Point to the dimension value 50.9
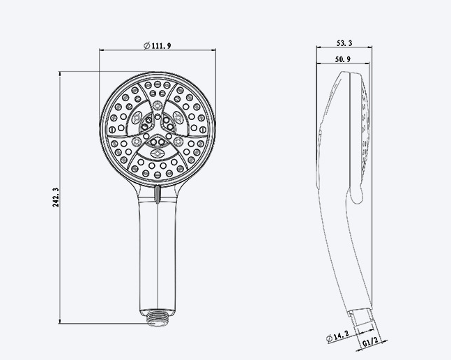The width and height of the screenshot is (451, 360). tap(342, 59)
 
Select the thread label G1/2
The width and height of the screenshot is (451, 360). tap(370, 343)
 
